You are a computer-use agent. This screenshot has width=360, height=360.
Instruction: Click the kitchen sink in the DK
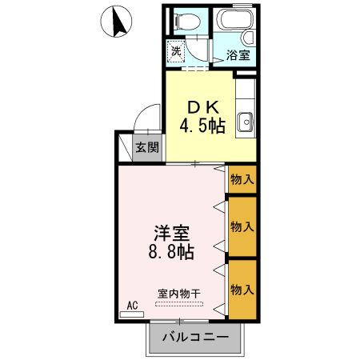point(246,122)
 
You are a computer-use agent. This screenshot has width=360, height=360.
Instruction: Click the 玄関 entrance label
point(146,147)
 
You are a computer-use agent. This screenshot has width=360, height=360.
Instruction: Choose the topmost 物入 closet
point(242,180)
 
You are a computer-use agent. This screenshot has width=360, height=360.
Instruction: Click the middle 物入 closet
point(242,226)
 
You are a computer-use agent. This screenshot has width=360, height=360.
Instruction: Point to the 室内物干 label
point(178,292)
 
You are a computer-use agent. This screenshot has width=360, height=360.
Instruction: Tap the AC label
point(134,304)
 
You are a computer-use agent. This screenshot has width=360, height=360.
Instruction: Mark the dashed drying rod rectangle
point(180,304)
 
